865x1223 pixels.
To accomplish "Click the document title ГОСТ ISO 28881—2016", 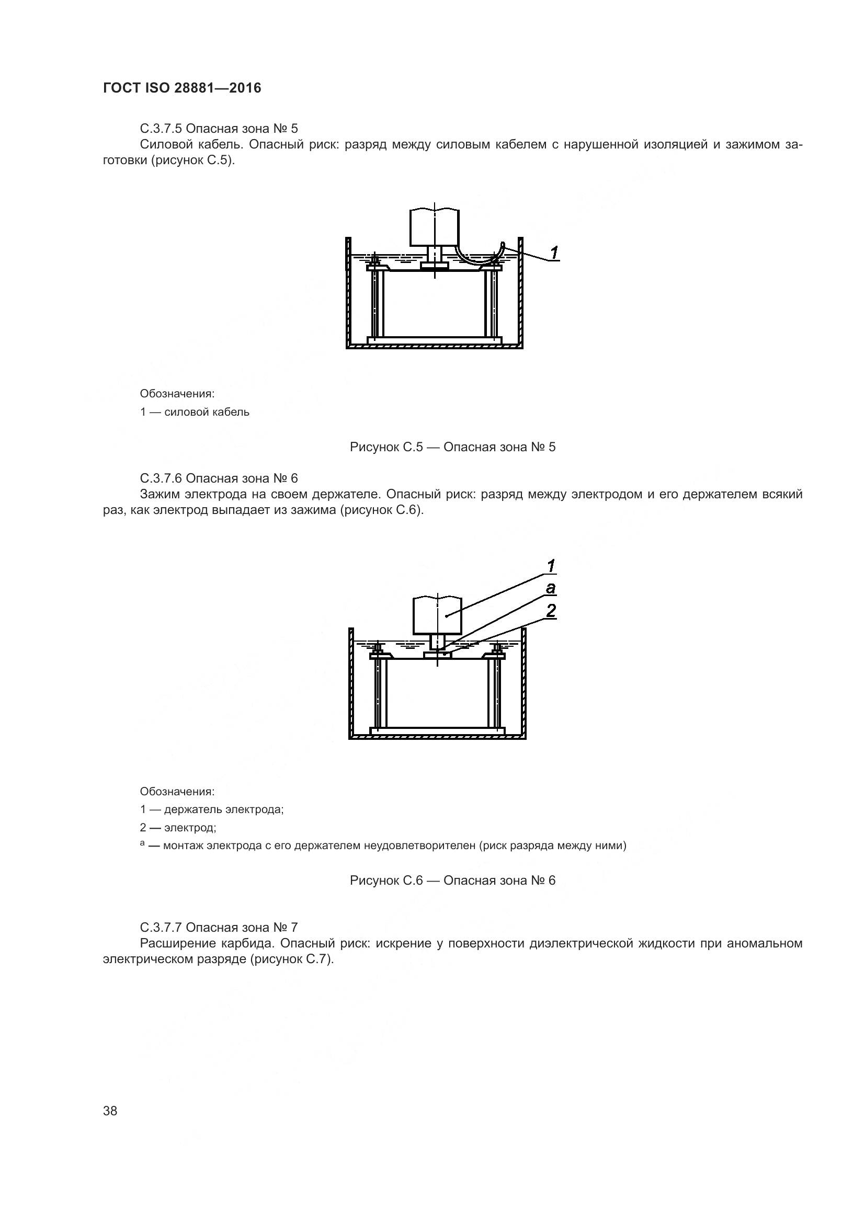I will click(x=182, y=88).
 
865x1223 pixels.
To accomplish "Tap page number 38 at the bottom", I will click(x=110, y=1111).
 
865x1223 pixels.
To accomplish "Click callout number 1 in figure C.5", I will click(x=554, y=253).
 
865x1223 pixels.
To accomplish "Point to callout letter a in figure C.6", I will click(x=551, y=588).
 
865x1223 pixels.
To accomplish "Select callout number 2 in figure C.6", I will click(x=551, y=610).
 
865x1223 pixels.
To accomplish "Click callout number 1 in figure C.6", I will click(x=551, y=566).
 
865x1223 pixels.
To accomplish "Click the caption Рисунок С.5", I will click(x=452, y=447).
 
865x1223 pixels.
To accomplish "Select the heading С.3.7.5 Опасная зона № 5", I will click(x=219, y=129).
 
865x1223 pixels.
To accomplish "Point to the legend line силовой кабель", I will click(x=195, y=412).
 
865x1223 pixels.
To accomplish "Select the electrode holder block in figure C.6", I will click(x=437, y=615).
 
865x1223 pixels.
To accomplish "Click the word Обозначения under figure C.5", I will click(x=177, y=394).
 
